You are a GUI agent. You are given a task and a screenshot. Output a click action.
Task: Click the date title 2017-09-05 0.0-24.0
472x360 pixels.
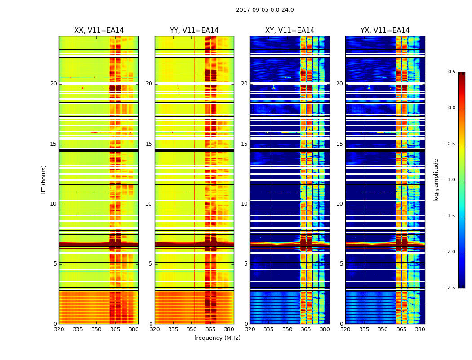pos(265,10)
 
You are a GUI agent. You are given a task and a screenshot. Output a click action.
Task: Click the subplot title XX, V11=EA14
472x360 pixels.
pos(99,31)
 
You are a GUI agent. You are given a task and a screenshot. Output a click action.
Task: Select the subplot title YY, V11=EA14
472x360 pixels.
pos(194,31)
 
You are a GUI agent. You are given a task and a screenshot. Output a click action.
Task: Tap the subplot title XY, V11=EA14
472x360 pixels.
pos(289,31)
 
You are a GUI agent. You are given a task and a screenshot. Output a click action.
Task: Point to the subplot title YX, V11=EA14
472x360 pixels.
pos(385,31)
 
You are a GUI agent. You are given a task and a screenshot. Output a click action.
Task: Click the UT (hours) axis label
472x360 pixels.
pos(44,180)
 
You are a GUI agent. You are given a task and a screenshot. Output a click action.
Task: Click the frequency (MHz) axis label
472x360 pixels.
pos(217,338)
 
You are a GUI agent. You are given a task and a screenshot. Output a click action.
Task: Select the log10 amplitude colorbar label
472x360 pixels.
pos(436,180)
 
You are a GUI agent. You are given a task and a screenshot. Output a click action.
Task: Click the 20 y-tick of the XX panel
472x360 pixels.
pos(53,84)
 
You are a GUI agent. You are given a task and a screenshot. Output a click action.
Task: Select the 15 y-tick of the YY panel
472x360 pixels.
pos(149,144)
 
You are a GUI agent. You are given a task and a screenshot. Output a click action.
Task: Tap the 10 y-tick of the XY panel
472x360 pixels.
pos(245,204)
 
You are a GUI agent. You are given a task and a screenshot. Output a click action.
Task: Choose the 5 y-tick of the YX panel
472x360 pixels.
pos(342,264)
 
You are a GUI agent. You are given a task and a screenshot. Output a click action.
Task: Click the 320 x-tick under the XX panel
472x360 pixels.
pos(59,329)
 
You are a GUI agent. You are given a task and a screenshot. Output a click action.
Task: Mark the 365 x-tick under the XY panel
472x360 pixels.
pos(306,329)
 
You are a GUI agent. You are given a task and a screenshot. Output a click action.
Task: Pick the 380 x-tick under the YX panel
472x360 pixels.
pos(420,329)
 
